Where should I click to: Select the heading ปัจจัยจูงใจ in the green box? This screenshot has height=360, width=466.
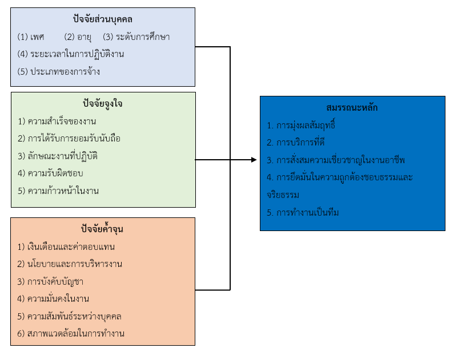point(103,104)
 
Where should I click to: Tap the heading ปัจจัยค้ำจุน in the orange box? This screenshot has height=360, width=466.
point(103,229)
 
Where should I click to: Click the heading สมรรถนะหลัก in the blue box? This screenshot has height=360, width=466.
point(352,107)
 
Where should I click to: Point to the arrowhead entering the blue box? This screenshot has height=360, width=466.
point(255,160)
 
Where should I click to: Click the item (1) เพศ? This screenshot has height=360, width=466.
point(31,37)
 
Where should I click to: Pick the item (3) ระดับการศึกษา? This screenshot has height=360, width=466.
point(136,37)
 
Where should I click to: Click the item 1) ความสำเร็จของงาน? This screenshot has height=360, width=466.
point(57,121)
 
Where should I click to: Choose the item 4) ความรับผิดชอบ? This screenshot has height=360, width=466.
point(54,173)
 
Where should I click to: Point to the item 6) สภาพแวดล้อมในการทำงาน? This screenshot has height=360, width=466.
point(71,333)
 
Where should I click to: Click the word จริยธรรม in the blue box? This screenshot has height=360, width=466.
point(283,195)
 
